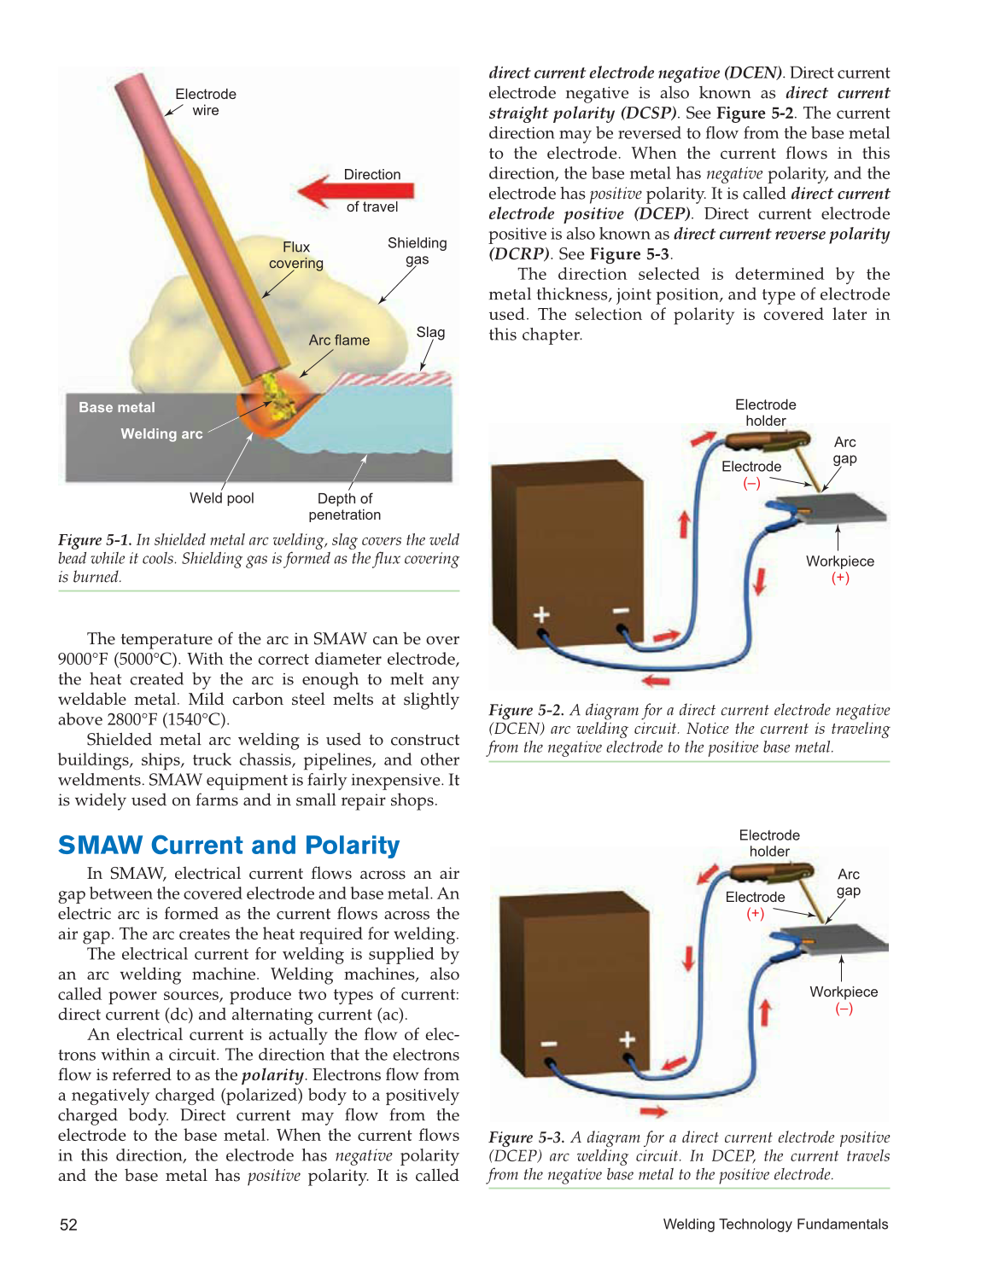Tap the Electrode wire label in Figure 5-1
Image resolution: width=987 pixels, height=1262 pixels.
click(206, 102)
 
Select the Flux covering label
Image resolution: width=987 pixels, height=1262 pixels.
click(296, 255)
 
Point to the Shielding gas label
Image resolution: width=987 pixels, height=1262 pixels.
click(417, 251)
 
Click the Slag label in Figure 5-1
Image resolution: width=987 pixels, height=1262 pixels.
click(430, 333)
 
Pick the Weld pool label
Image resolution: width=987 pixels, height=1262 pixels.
click(222, 498)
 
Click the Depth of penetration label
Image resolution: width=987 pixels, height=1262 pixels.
click(345, 507)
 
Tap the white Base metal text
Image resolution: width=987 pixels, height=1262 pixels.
click(117, 408)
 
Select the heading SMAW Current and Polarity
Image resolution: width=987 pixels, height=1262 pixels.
click(229, 846)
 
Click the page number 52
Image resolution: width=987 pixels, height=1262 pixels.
click(68, 1225)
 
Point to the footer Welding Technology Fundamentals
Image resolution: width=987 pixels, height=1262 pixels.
click(775, 1224)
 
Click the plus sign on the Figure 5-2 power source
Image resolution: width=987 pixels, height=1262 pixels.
click(541, 614)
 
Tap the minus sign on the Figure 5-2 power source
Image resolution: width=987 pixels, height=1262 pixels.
click(621, 610)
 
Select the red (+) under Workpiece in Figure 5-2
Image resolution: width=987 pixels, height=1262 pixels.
click(840, 578)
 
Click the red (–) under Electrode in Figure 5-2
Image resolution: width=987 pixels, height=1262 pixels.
click(751, 484)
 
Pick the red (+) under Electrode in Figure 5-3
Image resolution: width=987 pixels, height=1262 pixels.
click(755, 914)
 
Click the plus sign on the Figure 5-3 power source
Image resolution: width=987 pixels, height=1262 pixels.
click(628, 1038)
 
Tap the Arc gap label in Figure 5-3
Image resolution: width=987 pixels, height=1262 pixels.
click(848, 882)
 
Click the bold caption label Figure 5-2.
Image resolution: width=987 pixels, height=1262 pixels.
click(526, 710)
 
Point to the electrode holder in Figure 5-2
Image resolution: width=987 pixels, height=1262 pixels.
click(764, 441)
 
